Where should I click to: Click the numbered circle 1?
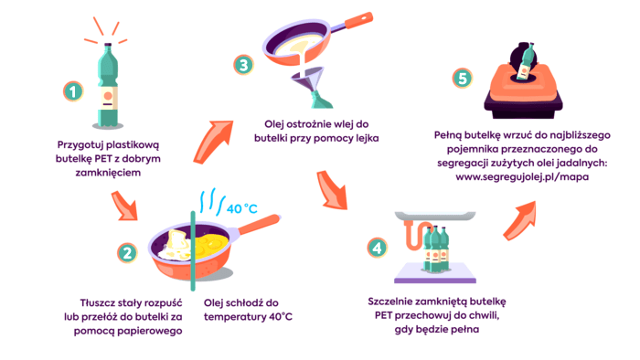[73, 91]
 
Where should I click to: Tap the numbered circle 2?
[127, 253]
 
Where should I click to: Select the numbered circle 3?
[244, 65]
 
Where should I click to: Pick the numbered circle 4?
[377, 248]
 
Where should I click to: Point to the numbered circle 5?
[463, 78]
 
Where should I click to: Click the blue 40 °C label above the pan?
[242, 208]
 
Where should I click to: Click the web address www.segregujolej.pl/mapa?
[522, 177]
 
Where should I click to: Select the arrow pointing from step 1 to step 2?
[124, 206]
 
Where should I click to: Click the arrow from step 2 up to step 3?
[212, 141]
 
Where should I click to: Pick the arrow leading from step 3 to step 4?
[332, 190]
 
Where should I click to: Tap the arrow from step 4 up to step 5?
[519, 220]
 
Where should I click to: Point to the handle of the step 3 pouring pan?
[354, 23]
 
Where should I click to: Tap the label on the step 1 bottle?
[108, 99]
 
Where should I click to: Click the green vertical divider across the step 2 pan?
[193, 250]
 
